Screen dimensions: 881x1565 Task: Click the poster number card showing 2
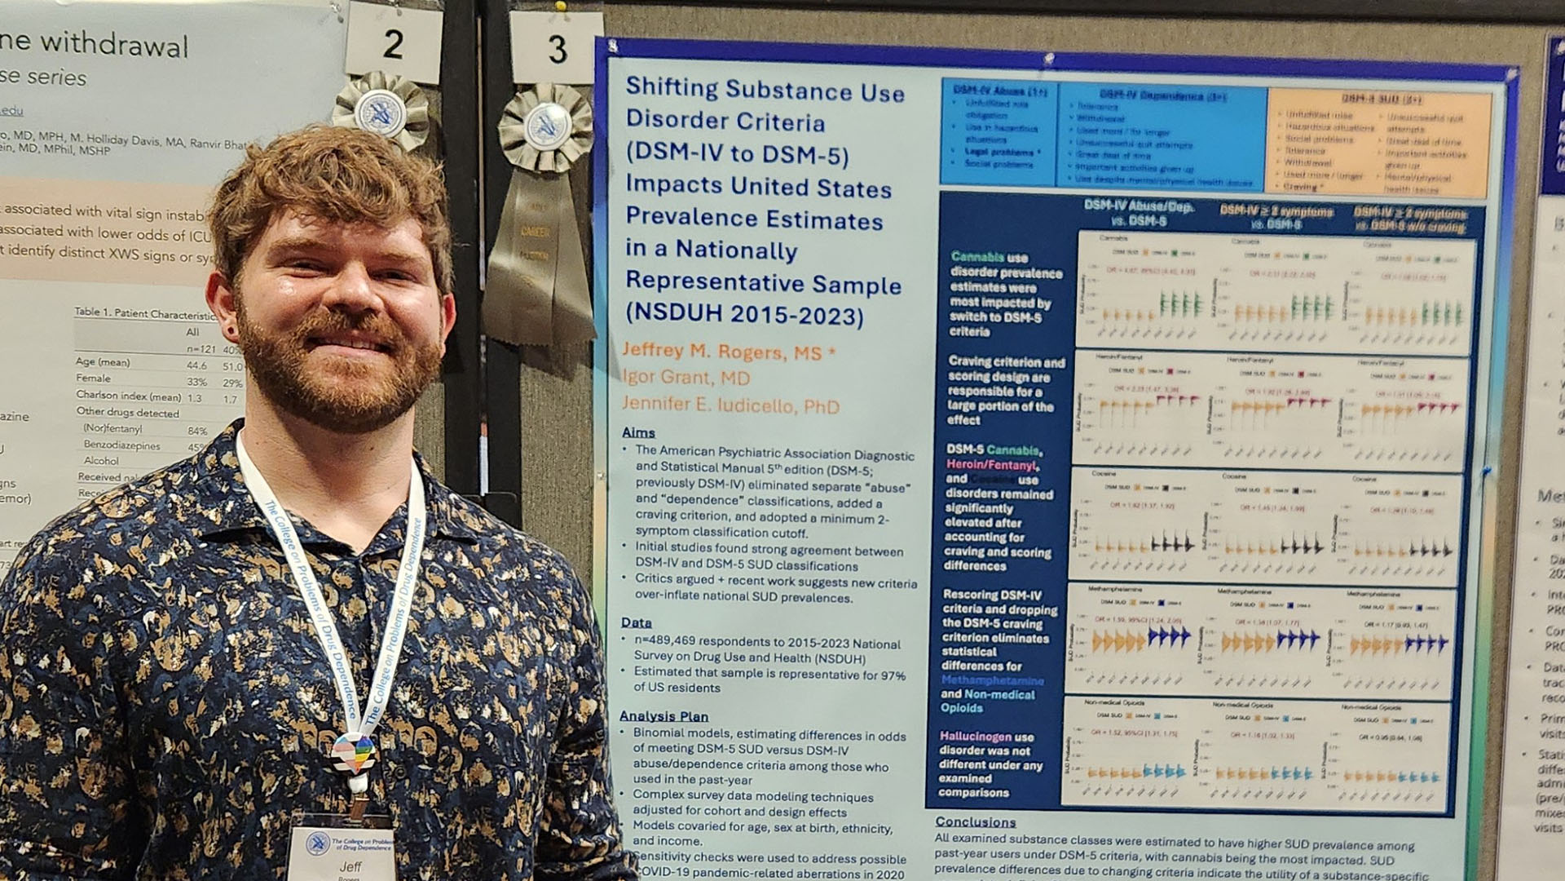[393, 42]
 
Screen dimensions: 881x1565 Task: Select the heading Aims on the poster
[638, 432]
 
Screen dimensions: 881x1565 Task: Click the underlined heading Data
[636, 622]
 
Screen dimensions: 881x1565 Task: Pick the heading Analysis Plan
[664, 715]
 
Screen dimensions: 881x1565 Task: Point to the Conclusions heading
[975, 821]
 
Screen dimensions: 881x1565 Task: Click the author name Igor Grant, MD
[686, 378]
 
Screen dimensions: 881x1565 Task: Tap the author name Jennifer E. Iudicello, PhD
[730, 405]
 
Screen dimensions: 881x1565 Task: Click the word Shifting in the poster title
[671, 87]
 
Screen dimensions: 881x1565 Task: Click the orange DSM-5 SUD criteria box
[1379, 144]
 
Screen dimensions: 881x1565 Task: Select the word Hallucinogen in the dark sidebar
[976, 736]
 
